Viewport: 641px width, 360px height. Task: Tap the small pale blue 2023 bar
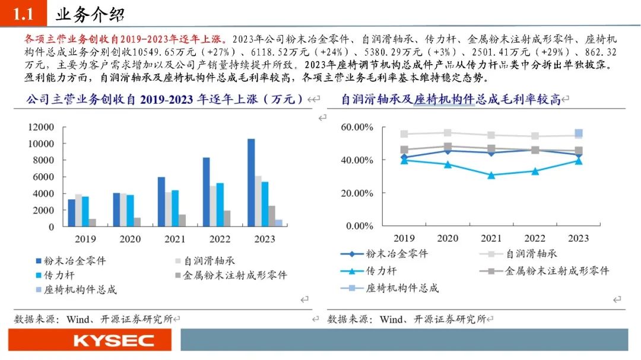(x=278, y=223)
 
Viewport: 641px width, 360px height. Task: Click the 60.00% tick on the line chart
(x=357, y=128)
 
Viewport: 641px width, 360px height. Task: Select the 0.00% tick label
(x=359, y=226)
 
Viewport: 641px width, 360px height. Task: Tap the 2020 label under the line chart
(x=448, y=238)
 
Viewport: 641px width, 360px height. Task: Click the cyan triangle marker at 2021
(x=491, y=175)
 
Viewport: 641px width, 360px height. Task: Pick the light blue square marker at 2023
(x=579, y=133)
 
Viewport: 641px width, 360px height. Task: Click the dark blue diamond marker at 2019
(x=404, y=158)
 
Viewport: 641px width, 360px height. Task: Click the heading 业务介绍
(x=89, y=14)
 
